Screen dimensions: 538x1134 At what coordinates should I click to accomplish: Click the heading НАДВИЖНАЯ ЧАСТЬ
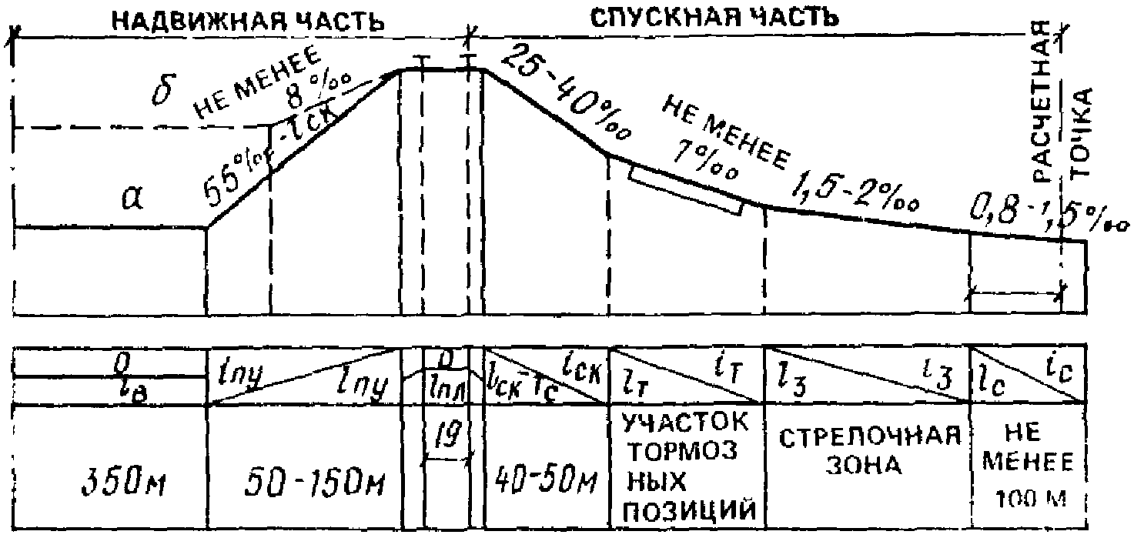click(248, 21)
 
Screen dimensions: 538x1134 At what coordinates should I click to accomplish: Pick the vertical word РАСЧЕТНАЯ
click(1040, 100)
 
